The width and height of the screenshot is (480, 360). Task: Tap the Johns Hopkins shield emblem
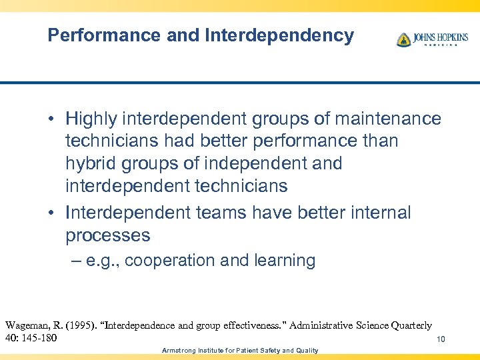[403, 39]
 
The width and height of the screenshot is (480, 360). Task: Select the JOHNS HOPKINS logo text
[440, 37]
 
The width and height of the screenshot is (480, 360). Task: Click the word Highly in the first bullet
[90, 119]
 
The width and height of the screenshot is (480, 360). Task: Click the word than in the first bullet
[381, 141]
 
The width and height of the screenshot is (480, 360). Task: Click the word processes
[107, 235]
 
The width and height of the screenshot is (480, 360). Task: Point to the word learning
[284, 261]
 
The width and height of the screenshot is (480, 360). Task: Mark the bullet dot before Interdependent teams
[51, 214]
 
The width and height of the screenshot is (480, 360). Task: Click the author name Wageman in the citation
[29, 325]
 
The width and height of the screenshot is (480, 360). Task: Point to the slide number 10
[441, 340]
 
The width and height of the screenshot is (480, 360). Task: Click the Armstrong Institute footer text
[240, 351]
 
